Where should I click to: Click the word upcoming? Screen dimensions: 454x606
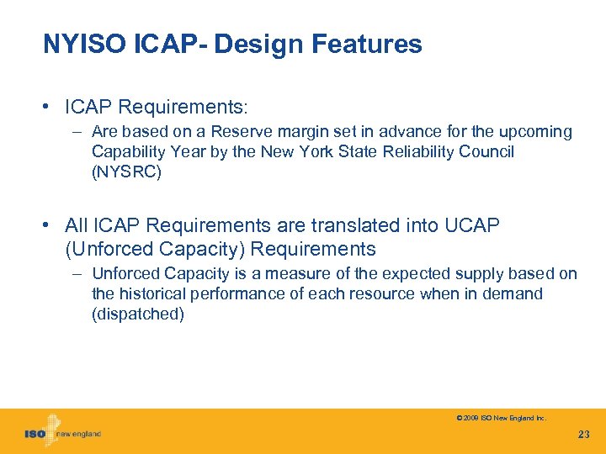[534, 132]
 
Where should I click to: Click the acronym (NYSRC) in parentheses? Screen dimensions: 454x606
[125, 172]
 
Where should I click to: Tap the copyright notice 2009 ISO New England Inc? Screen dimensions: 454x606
[501, 418]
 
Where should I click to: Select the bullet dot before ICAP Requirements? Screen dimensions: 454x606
[52, 108]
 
